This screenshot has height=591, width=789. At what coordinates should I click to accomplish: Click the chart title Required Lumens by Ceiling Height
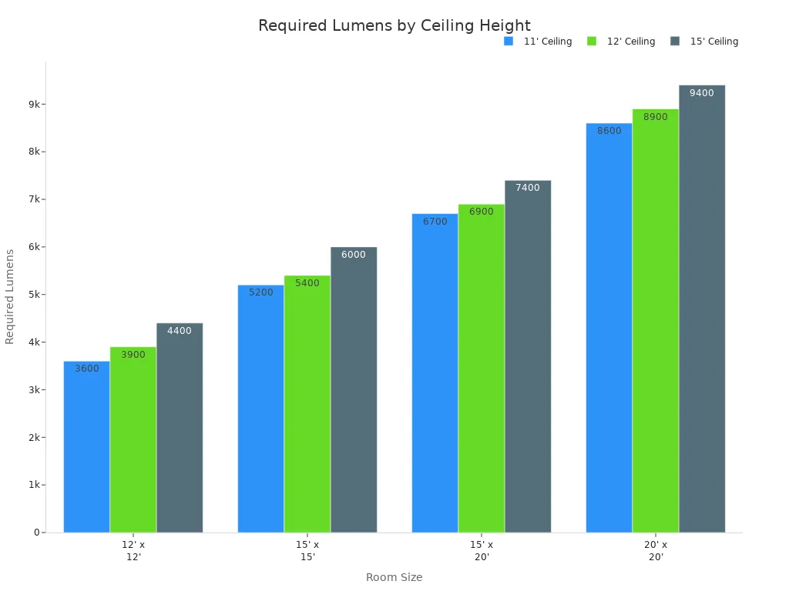394,26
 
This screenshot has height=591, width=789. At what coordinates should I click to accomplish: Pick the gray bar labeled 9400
701,308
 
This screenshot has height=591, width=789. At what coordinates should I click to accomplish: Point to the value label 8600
609,131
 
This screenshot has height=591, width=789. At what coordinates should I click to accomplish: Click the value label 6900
481,212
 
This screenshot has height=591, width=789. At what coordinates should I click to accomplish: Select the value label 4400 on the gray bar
179,331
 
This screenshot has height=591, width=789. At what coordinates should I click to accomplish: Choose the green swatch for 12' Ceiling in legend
592,42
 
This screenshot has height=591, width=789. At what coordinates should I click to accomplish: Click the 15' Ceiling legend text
713,42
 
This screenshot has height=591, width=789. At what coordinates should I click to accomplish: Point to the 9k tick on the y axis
35,104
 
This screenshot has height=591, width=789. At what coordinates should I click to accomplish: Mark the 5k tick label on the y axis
35,295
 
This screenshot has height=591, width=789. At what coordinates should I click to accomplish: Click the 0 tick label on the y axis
36,533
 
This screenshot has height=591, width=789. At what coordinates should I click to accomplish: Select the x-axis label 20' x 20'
656,550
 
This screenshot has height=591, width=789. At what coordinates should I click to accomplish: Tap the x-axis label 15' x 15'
307,550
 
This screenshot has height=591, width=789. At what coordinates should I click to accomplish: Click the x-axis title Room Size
394,577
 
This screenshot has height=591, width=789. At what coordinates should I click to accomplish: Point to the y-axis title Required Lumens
10,296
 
